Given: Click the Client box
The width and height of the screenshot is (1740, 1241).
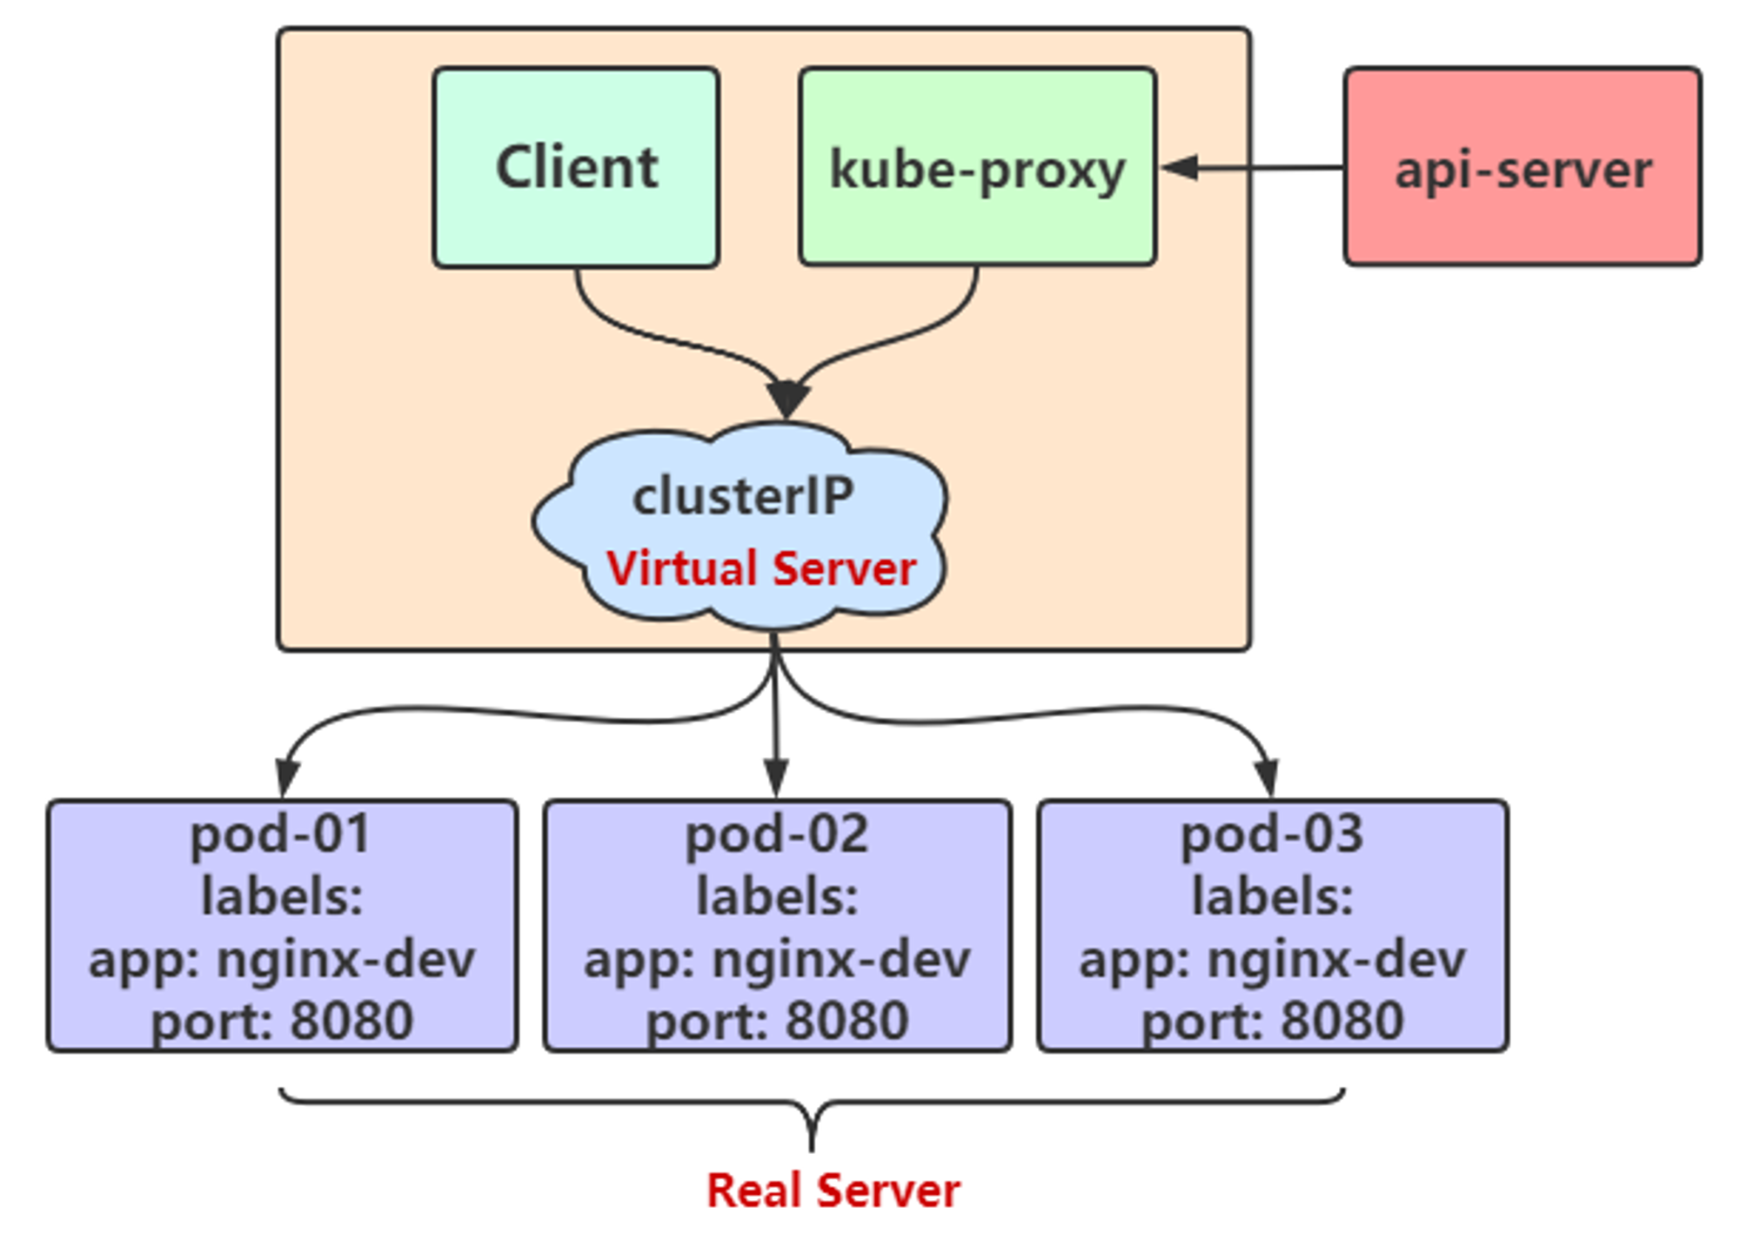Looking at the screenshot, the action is point(576,167).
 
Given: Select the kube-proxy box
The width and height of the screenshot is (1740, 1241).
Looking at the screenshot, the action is point(978,166).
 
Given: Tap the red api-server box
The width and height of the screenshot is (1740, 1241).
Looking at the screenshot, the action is point(1522,166).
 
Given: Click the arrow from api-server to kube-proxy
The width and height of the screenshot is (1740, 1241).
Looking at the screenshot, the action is point(1252,167).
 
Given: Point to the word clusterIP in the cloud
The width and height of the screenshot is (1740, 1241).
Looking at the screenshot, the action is point(743,497).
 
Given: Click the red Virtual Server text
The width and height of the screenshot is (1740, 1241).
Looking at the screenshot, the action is point(761,569).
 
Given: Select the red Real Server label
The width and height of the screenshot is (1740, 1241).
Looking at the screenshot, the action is point(833,1191).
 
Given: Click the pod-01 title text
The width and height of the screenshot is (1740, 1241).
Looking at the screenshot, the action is point(281,834).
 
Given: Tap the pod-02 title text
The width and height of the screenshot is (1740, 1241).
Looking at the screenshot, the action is point(777,834).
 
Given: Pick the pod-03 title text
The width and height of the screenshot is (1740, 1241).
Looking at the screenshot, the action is point(1272,834).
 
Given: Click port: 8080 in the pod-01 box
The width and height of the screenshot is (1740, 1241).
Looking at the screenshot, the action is point(283,1021).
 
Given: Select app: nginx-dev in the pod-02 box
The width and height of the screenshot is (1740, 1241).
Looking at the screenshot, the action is point(777,960).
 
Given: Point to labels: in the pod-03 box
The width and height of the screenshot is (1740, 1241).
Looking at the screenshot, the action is point(1272,896).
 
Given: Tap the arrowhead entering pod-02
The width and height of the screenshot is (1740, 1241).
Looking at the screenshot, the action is point(776,777).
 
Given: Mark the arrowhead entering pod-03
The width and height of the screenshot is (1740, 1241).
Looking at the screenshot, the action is point(1268,777).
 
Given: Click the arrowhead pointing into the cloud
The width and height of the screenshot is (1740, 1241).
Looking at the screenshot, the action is point(788,399).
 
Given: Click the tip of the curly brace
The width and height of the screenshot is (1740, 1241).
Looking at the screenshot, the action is point(812,1150).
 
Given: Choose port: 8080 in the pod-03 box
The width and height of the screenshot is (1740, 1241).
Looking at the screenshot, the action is point(1273,1021).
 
